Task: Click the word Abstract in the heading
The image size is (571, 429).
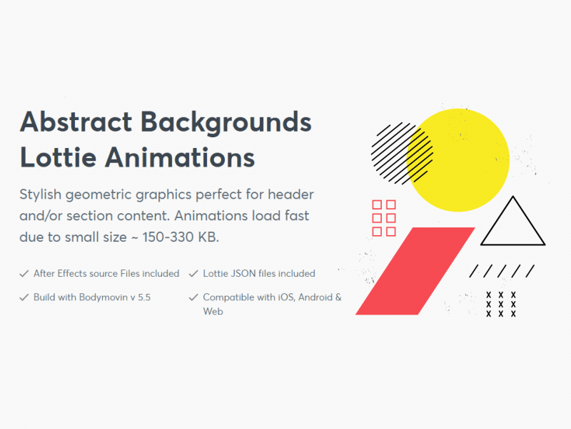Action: (75, 122)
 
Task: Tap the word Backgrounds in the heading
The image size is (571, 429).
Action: (226, 122)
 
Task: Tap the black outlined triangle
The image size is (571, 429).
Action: (513, 223)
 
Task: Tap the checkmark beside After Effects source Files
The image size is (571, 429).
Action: (24, 274)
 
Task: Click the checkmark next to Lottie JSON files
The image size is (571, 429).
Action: (193, 274)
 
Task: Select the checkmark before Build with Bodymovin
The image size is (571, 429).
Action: (24, 297)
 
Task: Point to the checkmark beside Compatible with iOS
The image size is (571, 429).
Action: (193, 297)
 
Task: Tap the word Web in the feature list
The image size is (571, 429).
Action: (213, 312)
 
